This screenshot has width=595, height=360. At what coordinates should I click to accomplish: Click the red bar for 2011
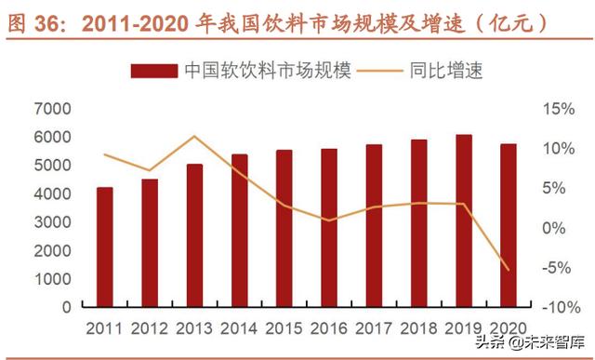click(x=105, y=247)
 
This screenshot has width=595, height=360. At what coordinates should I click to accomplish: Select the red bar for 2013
click(x=195, y=235)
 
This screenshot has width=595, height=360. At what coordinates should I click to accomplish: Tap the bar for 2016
click(x=329, y=227)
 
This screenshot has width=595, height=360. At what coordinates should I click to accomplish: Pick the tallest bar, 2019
click(x=463, y=220)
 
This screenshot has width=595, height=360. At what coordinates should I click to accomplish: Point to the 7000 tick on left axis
click(x=52, y=109)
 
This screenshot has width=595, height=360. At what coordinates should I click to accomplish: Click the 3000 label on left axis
click(x=52, y=221)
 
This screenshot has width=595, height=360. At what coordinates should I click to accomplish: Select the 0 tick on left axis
click(x=65, y=306)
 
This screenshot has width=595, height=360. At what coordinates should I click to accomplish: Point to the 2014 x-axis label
click(x=239, y=327)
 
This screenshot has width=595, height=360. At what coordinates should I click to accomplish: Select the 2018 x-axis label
click(x=418, y=327)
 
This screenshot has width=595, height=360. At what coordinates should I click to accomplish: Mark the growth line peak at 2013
click(x=195, y=137)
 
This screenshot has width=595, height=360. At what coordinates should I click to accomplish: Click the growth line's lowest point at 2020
click(x=508, y=271)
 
